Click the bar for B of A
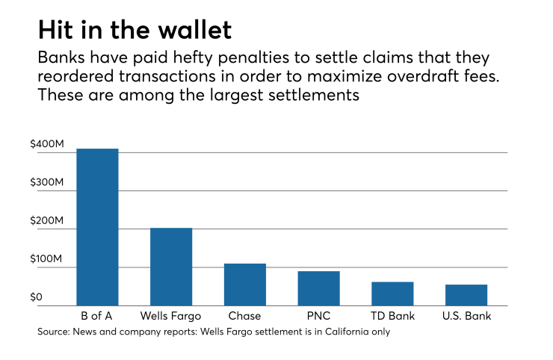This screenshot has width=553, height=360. coord(97,227)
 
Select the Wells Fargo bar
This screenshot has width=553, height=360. coord(171,267)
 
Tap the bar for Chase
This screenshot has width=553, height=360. coord(245,285)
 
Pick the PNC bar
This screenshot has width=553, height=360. coord(319,288)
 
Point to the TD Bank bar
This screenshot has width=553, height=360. coord(392,294)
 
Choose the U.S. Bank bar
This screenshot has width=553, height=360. coord(466,295)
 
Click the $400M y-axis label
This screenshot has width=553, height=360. coord(46,144)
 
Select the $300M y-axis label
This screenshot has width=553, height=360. coord(46,183)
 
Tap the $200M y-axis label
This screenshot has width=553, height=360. coord(46,222)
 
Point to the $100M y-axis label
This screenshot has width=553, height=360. coord(46,260)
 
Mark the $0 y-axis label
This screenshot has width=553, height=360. coord(37,298)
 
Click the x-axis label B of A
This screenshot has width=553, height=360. coord(97,317)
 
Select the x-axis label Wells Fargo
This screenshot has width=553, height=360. coord(171,317)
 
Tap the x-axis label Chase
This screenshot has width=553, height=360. coord(245,317)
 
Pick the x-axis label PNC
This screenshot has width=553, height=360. coord(319,317)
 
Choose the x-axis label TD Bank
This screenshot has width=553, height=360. coord(392,317)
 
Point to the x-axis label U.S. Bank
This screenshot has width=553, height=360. coord(466,317)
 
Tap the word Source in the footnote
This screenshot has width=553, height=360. coord(52,332)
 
